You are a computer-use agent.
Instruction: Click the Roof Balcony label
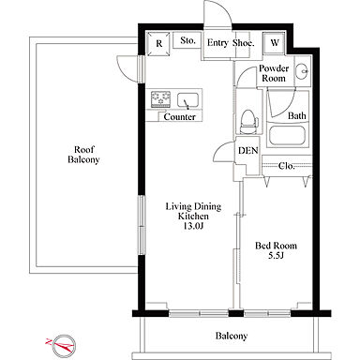(83, 155)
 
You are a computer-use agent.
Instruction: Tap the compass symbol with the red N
(64, 345)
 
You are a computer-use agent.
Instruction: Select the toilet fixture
(248, 122)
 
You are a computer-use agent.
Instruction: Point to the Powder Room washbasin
(303, 70)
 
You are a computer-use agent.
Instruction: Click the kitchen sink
(187, 100)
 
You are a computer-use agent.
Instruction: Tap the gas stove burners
(161, 98)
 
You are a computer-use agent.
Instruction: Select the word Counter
(179, 117)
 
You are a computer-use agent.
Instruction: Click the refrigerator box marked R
(159, 43)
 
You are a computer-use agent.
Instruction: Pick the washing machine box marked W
(275, 43)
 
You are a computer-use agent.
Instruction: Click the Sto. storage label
(187, 40)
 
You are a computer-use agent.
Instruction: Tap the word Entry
(217, 43)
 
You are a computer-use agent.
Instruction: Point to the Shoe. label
(243, 43)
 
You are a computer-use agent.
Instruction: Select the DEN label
(248, 151)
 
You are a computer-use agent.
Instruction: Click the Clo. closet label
(286, 166)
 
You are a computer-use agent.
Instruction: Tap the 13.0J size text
(193, 226)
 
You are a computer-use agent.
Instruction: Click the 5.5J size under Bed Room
(276, 256)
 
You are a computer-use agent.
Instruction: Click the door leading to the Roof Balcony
(129, 69)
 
